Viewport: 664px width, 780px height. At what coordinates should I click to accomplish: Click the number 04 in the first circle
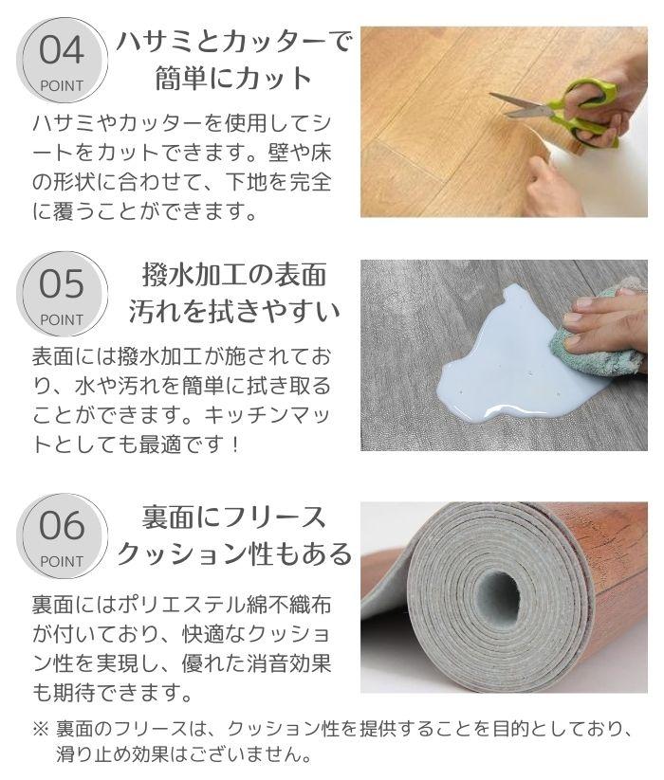62,50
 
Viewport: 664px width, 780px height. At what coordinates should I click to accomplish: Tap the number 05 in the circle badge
62,284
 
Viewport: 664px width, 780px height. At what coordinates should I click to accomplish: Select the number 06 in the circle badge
62,526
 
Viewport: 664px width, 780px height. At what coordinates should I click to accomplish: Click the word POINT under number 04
62,85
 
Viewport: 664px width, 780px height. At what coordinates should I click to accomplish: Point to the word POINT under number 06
62,562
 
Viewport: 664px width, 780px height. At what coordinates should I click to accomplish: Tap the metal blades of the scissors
520,105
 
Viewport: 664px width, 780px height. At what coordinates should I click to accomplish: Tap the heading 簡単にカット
233,78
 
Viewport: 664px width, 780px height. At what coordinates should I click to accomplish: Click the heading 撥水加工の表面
234,275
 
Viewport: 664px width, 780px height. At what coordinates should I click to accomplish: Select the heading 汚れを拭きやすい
234,311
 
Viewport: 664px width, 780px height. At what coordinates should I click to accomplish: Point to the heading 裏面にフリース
234,517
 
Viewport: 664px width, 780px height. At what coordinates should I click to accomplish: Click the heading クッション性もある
234,553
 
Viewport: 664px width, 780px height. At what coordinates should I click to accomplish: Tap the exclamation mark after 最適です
235,444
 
